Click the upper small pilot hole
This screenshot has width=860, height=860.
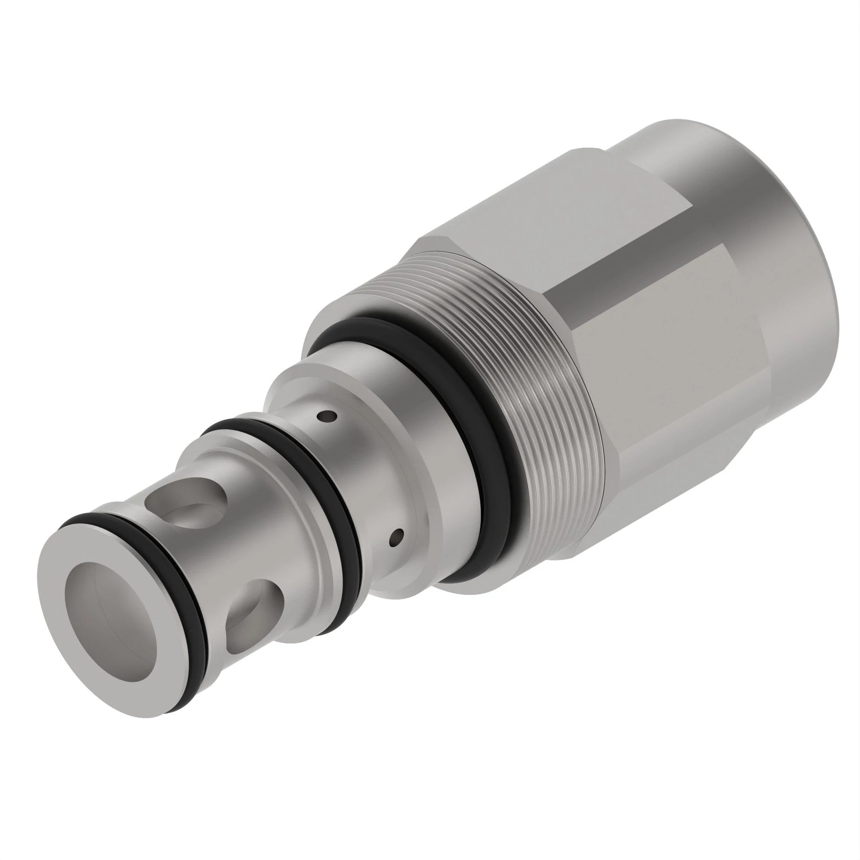click(x=328, y=416)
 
